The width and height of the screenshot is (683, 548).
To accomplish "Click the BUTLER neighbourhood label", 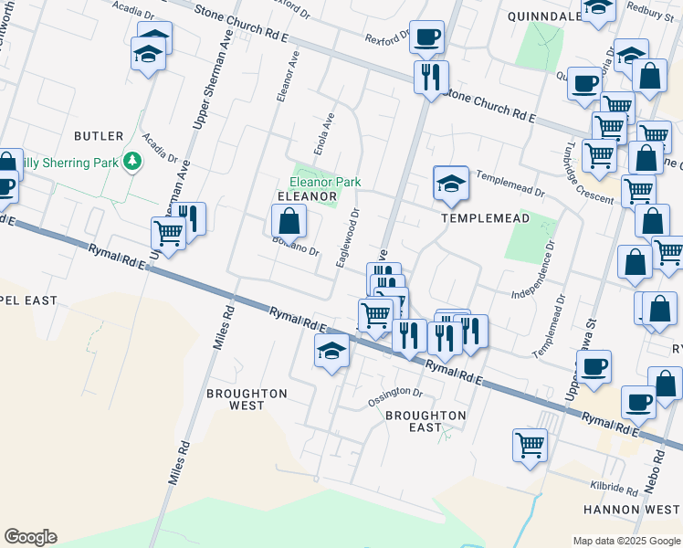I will pos(99,136).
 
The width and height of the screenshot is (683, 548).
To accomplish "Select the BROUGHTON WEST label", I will pos(247,399).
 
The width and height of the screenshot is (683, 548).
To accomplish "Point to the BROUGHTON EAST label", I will pos(426,421).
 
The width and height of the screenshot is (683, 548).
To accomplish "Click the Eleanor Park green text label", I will pos(325,183).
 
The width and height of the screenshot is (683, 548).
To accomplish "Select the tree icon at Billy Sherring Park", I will pos(133,162).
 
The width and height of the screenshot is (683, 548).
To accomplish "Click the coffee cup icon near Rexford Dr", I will pos(426,38).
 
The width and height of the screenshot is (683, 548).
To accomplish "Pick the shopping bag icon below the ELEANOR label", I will pos(289,221).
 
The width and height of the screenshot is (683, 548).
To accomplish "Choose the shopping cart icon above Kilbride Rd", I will pos(530,447).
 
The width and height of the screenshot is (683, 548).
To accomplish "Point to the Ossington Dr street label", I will pos(395,398).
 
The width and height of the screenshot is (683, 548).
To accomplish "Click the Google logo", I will pos(30,537).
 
